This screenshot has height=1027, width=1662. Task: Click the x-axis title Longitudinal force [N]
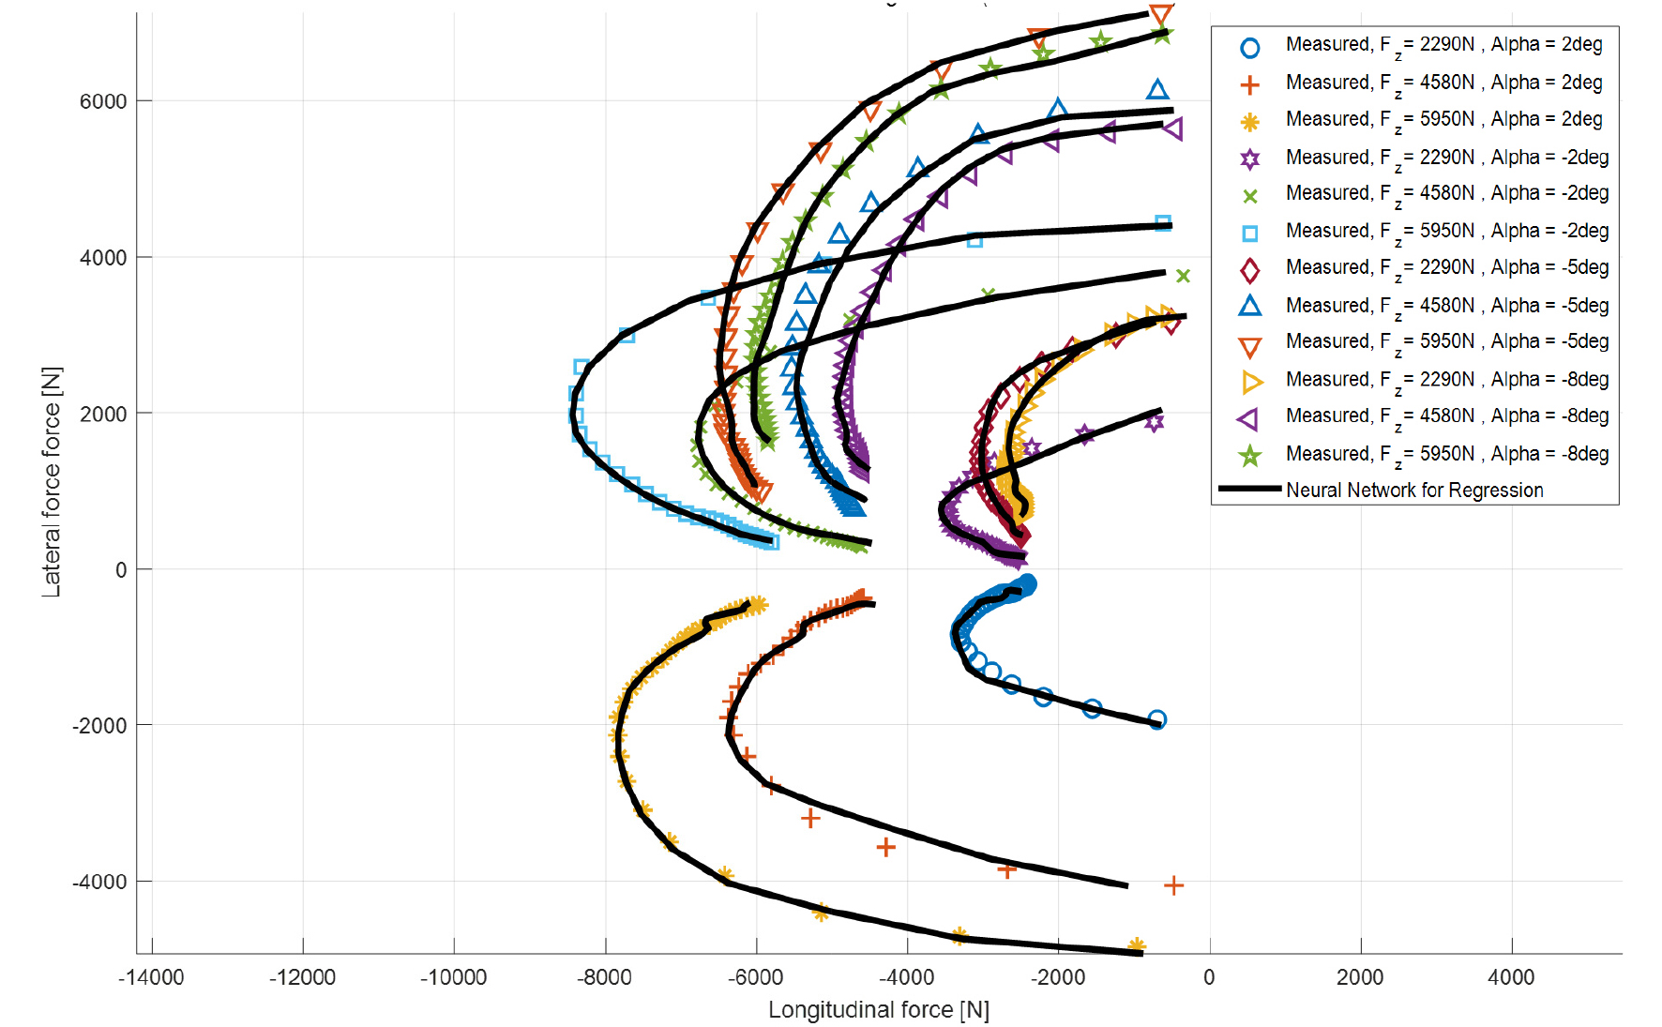coord(879,1009)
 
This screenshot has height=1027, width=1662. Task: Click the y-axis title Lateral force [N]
coord(52,482)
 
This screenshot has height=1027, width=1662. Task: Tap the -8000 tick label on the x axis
coord(605,977)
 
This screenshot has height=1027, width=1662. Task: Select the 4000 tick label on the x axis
coord(1511,977)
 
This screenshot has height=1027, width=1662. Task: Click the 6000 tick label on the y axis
coord(103,101)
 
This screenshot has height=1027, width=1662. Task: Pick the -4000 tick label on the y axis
coord(99,882)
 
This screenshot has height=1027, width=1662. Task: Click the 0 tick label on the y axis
coord(121,569)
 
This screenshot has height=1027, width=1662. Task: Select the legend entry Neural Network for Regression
coord(1413,490)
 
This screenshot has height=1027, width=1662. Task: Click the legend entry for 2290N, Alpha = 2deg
coord(1443,44)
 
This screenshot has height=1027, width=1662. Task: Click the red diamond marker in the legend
coord(1249,270)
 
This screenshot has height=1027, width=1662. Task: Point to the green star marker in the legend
coord(1249,456)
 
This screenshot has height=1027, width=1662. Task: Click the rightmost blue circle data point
coord(1156,719)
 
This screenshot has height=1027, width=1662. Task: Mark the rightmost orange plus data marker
coord(1173,885)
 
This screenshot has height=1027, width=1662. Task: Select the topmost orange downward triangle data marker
coord(1160,14)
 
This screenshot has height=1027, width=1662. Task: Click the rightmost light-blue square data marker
coord(1163,223)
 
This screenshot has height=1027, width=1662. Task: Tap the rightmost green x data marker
coord(1183,276)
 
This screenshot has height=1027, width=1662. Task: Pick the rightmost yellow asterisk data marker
coord(1136,945)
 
